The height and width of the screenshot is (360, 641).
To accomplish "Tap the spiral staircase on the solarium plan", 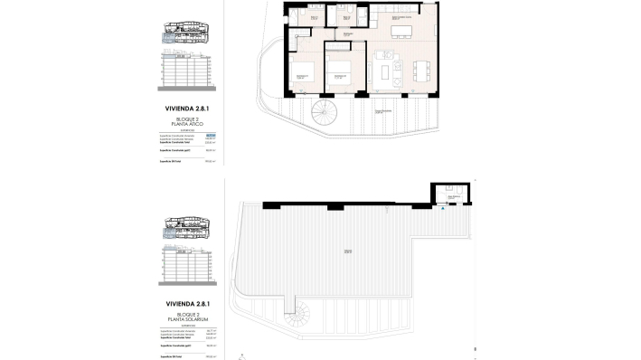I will point(297,317).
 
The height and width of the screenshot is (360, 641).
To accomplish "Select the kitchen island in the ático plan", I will point(401,33).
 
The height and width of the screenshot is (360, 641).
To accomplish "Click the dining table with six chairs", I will point(420,70).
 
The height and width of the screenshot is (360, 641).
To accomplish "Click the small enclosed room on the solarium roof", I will point(448,194).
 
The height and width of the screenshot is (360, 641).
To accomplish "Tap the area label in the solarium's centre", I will point(347,251).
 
